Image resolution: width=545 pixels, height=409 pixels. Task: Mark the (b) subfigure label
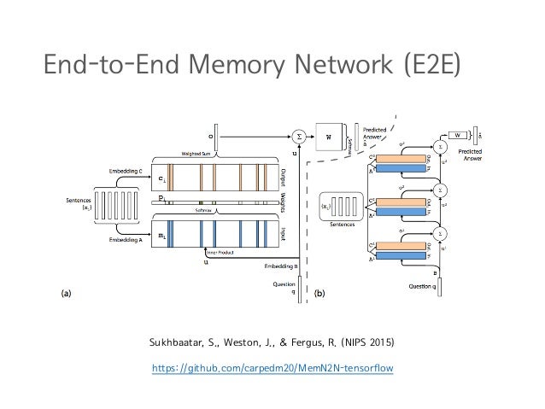pos(319,293)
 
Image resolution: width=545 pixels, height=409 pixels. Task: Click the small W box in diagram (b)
pos(458,134)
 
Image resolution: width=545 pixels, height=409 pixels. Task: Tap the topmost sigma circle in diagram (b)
pos(442,146)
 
